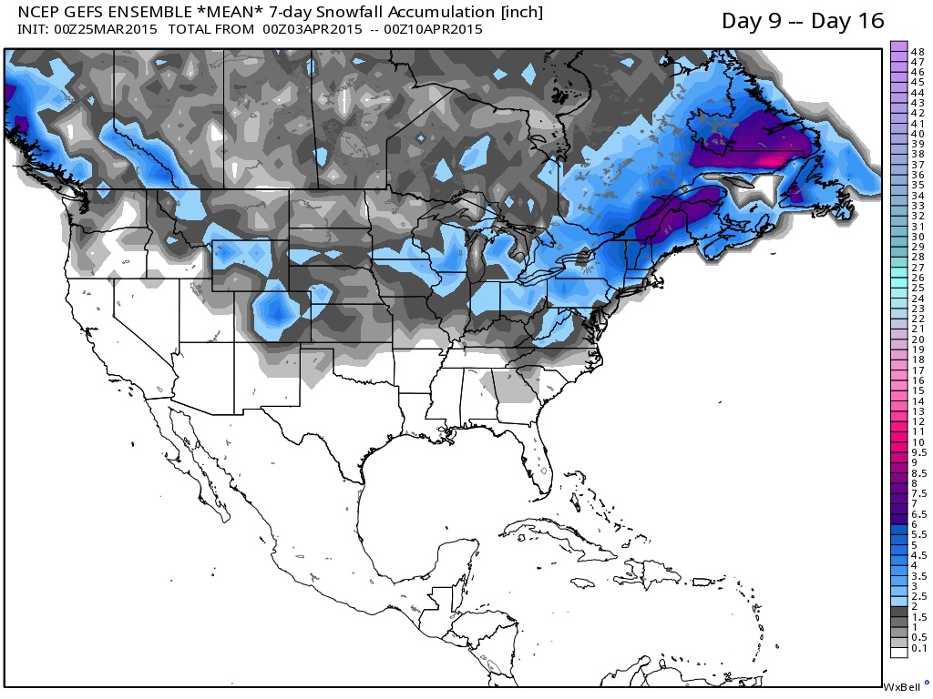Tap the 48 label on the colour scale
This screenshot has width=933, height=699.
[x=918, y=52]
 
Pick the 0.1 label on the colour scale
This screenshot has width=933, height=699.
[x=918, y=648]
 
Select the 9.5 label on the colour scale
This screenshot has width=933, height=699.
[x=918, y=452]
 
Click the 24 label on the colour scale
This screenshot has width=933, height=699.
[x=918, y=299]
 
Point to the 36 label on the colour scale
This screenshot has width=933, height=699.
[x=918, y=175]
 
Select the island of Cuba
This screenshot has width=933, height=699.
[x=556, y=534]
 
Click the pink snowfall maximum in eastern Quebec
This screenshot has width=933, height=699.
[x=770, y=160]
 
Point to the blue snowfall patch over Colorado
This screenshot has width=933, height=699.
[x=276, y=314]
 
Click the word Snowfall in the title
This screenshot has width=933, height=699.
[x=365, y=13]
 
